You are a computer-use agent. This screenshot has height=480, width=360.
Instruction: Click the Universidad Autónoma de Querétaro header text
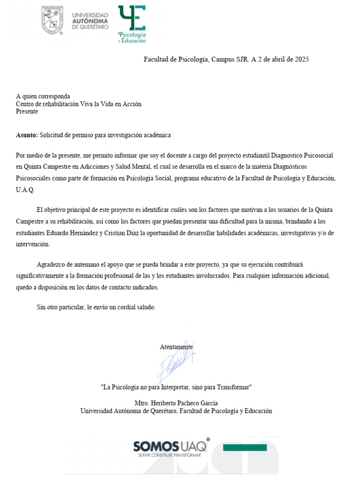(x=90, y=21)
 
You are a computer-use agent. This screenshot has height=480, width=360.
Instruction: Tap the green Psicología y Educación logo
(x=132, y=24)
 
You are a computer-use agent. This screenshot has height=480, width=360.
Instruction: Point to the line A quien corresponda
(x=43, y=97)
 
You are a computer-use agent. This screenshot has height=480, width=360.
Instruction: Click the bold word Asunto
(x=26, y=135)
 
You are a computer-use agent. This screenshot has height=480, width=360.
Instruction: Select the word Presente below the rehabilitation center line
(x=27, y=112)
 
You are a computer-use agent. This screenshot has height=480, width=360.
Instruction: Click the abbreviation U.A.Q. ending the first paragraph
(x=25, y=191)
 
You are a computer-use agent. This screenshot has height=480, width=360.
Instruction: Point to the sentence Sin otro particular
(x=95, y=307)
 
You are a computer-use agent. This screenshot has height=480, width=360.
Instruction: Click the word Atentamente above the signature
(x=176, y=347)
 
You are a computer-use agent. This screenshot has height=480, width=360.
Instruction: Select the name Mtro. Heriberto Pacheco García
(x=176, y=403)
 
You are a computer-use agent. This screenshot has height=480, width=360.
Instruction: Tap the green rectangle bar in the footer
(x=245, y=448)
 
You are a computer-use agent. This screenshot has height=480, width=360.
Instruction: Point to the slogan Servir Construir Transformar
(x=169, y=455)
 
